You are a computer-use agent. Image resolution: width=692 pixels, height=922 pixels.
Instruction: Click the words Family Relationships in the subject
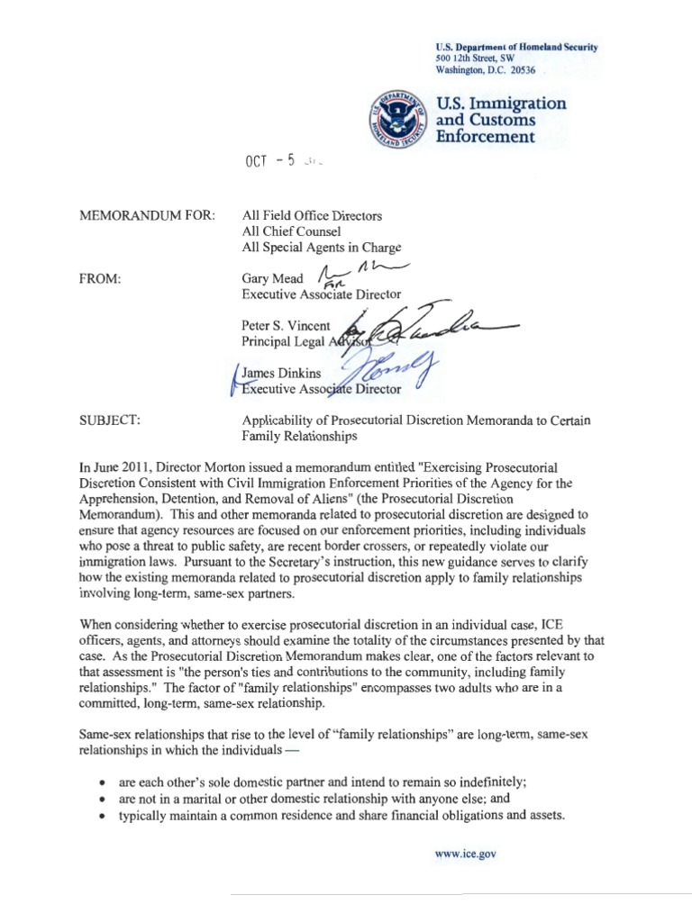pyautogui.click(x=299, y=437)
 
